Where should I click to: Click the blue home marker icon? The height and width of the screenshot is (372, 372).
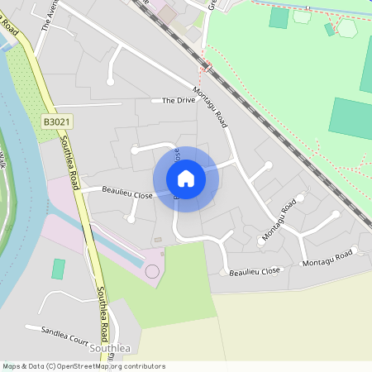click(186, 179)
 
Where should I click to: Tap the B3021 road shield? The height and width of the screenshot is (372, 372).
click(56, 122)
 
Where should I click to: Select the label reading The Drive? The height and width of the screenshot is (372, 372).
click(179, 101)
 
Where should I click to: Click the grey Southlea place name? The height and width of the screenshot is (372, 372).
click(110, 349)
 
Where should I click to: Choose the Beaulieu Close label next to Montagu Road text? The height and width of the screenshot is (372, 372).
click(255, 270)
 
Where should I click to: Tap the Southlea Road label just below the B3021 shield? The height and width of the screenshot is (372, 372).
click(69, 163)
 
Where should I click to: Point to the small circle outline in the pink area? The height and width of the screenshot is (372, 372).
click(151, 271)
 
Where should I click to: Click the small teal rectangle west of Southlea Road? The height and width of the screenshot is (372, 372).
click(59, 269)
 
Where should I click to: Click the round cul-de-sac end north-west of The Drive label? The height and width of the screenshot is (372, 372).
click(111, 81)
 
